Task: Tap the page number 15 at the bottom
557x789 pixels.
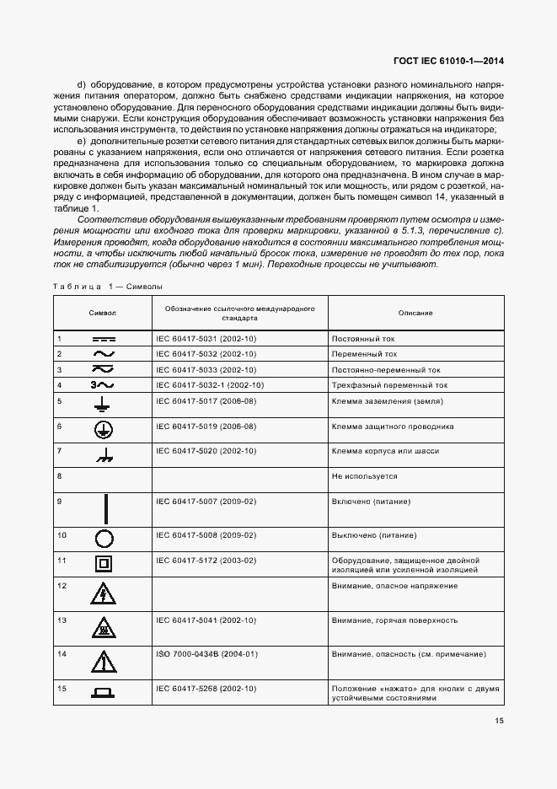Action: pos(498,720)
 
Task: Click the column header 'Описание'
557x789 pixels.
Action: pos(415,313)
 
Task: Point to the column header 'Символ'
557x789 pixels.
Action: pos(103,313)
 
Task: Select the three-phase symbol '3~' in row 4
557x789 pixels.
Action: pos(102,385)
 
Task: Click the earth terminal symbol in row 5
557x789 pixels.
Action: pos(103,405)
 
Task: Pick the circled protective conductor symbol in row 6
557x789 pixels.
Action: pos(103,429)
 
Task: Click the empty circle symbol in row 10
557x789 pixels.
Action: pos(103,539)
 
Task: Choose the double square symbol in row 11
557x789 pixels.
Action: pos(103,564)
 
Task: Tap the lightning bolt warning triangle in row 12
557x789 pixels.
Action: pos(103,595)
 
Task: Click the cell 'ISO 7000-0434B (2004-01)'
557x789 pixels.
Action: pos(206,654)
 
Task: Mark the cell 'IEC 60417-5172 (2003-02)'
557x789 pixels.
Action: pos(206,560)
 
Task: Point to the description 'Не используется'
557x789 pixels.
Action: pos(364,476)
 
